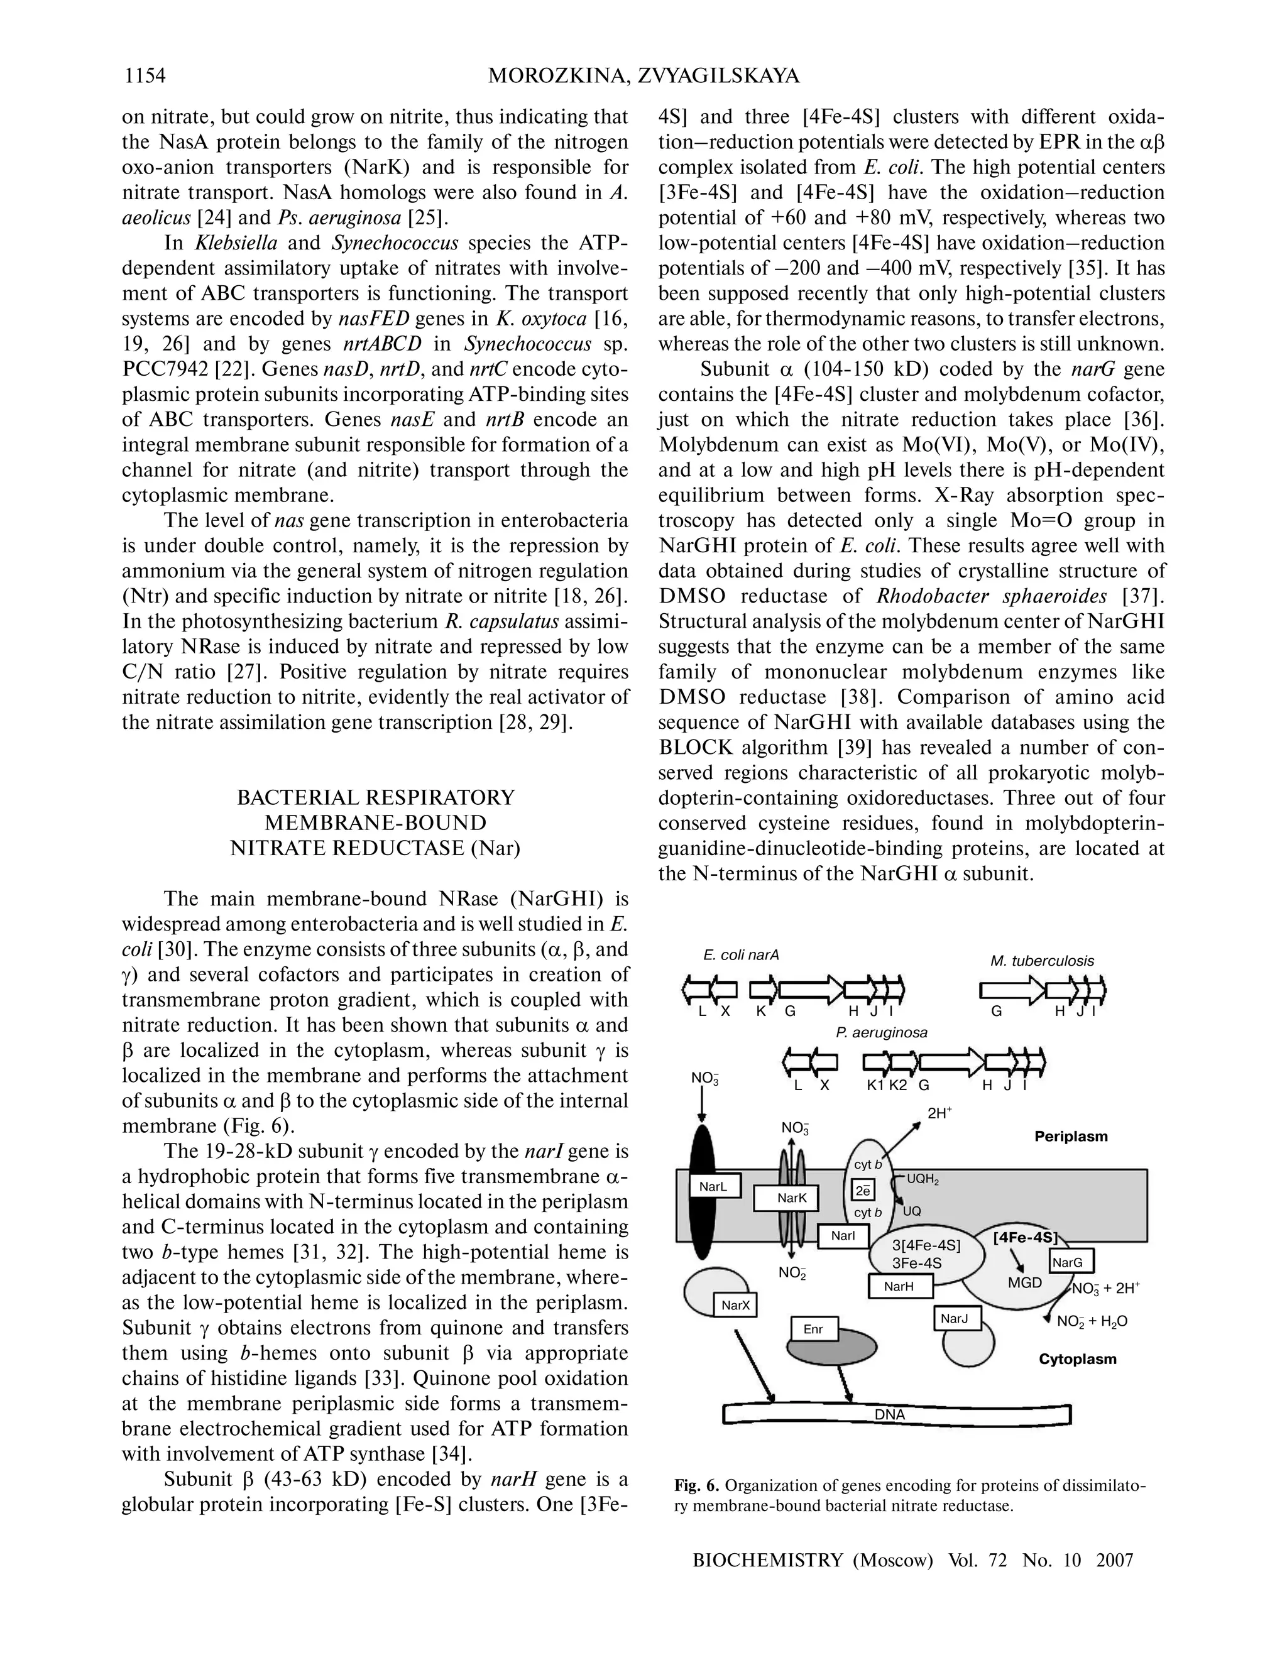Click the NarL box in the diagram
pos(713,1186)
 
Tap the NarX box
pos(736,1305)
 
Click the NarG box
pos(1066,1262)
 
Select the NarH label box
pos(900,1287)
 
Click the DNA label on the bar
pos(889,1415)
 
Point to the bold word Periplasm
pos(1070,1137)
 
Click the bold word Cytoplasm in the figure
pos(1077,1358)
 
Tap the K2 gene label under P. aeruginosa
pos(897,1086)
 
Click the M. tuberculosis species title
pos(1041,961)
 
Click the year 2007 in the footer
pos(1114,1561)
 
